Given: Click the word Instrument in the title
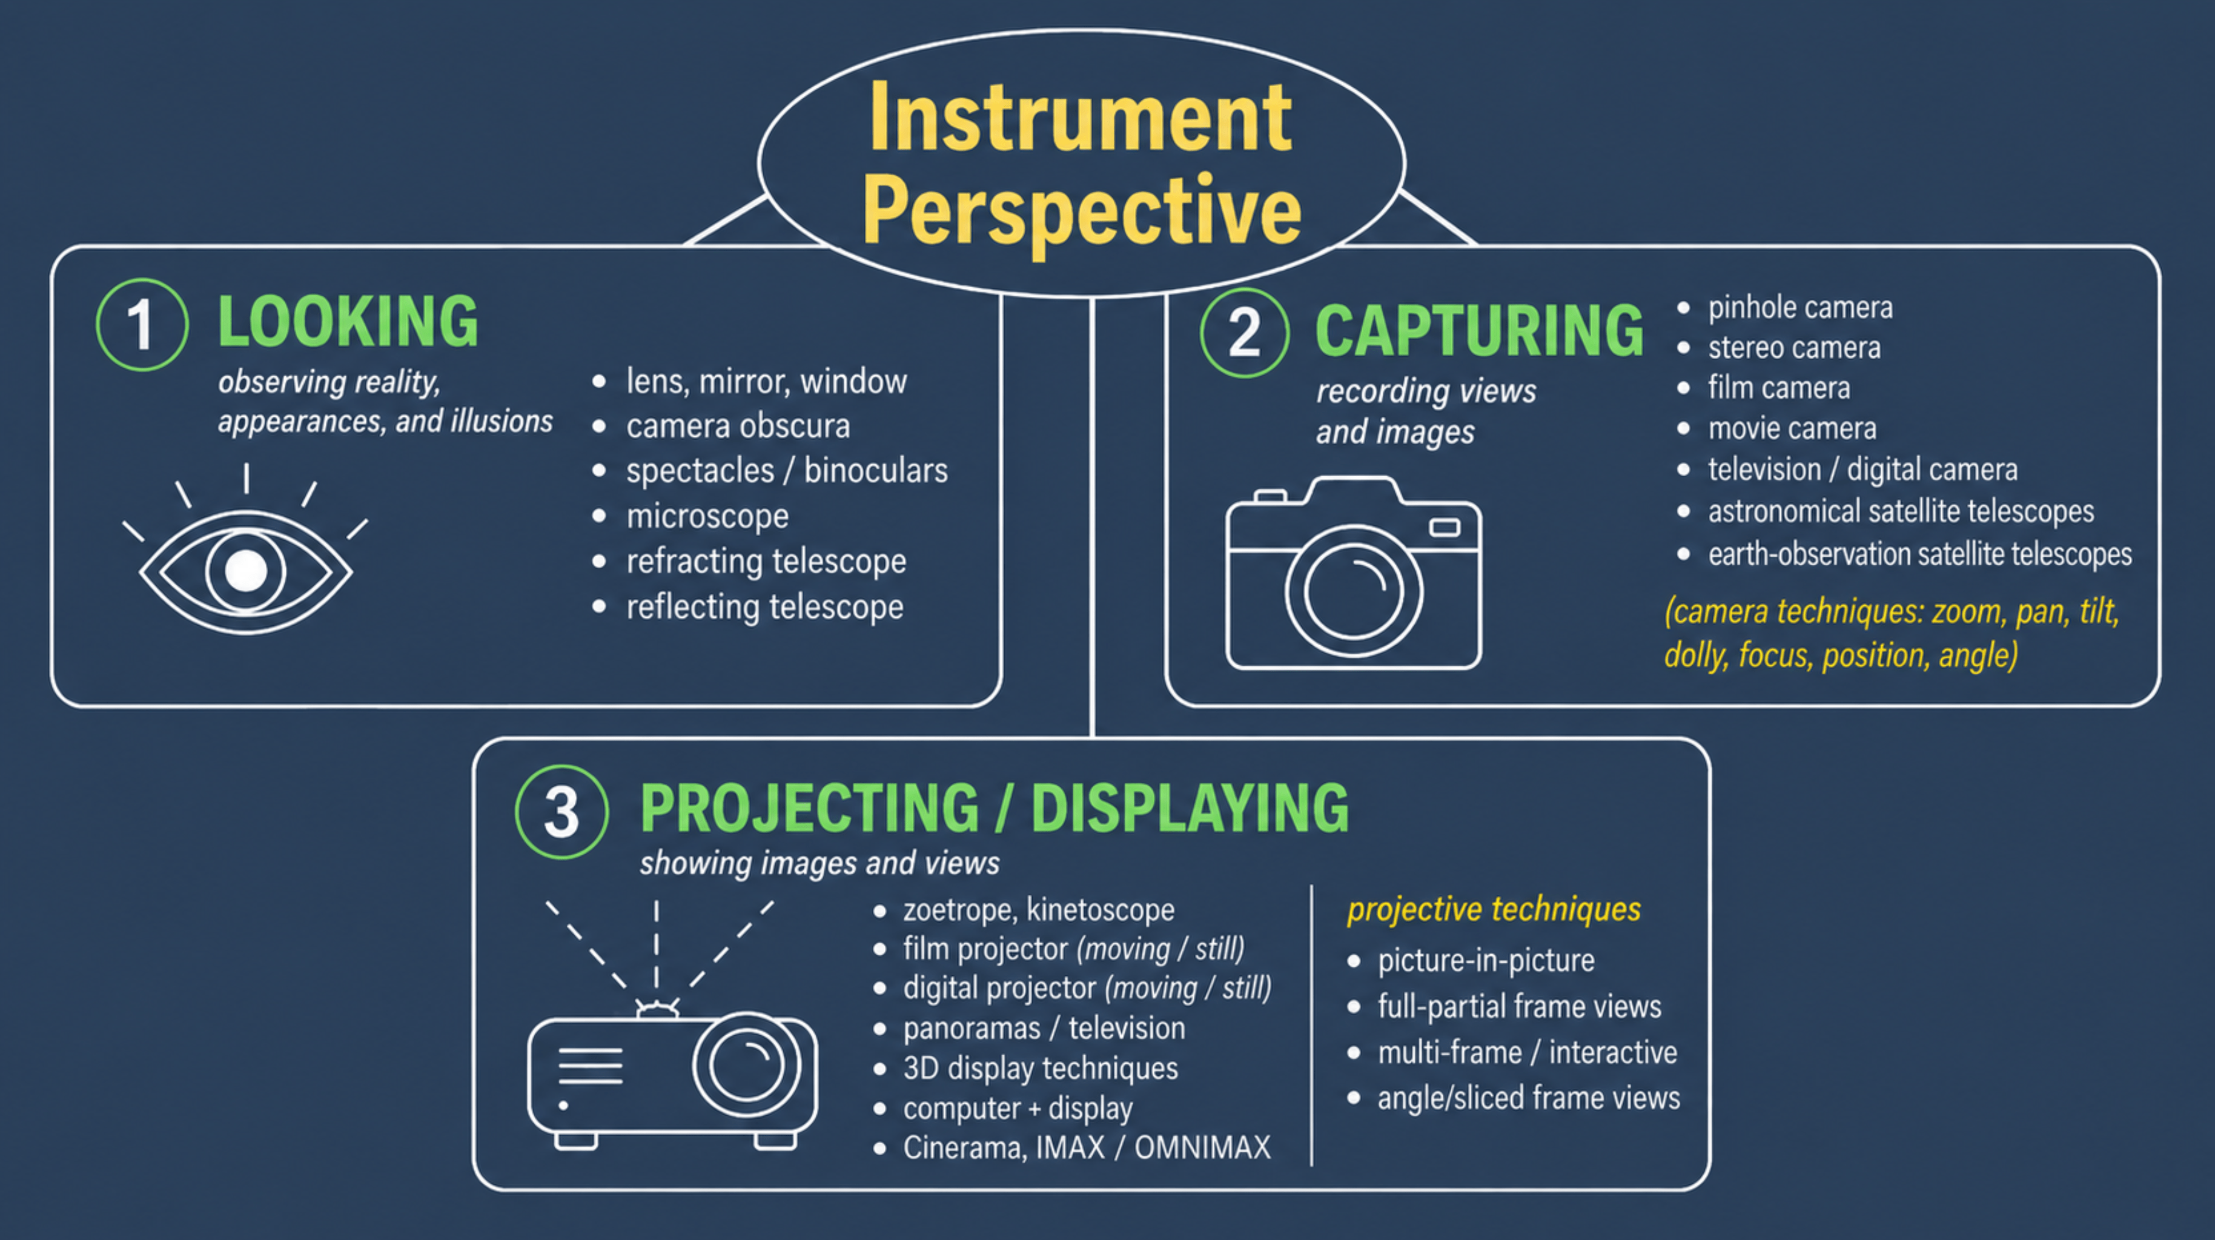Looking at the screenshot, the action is pyautogui.click(x=1081, y=117).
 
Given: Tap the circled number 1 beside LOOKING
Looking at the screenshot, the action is pyautogui.click(x=142, y=325).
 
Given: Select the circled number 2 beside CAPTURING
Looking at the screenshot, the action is pyautogui.click(x=1244, y=333).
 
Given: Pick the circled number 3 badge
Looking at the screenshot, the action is pyautogui.click(x=561, y=812).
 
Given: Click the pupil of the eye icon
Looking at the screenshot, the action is pyautogui.click(x=246, y=570).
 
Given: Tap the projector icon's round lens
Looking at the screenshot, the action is pyautogui.click(x=746, y=1064).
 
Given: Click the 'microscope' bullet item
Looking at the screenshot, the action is pyautogui.click(x=707, y=516).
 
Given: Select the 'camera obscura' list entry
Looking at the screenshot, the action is pyautogui.click(x=738, y=426).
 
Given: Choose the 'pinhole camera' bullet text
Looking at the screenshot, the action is pyautogui.click(x=1799, y=308).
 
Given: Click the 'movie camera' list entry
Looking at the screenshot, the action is pyautogui.click(x=1792, y=428).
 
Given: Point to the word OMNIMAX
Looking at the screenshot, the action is pyautogui.click(x=1202, y=1147).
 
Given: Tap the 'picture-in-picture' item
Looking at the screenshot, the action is pyautogui.click(x=1486, y=960).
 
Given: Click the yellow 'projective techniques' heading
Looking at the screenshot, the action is pyautogui.click(x=1494, y=909).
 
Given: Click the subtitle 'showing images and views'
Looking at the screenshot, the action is pyautogui.click(x=819, y=863).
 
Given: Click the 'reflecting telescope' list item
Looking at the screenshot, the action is pyautogui.click(x=764, y=607).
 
